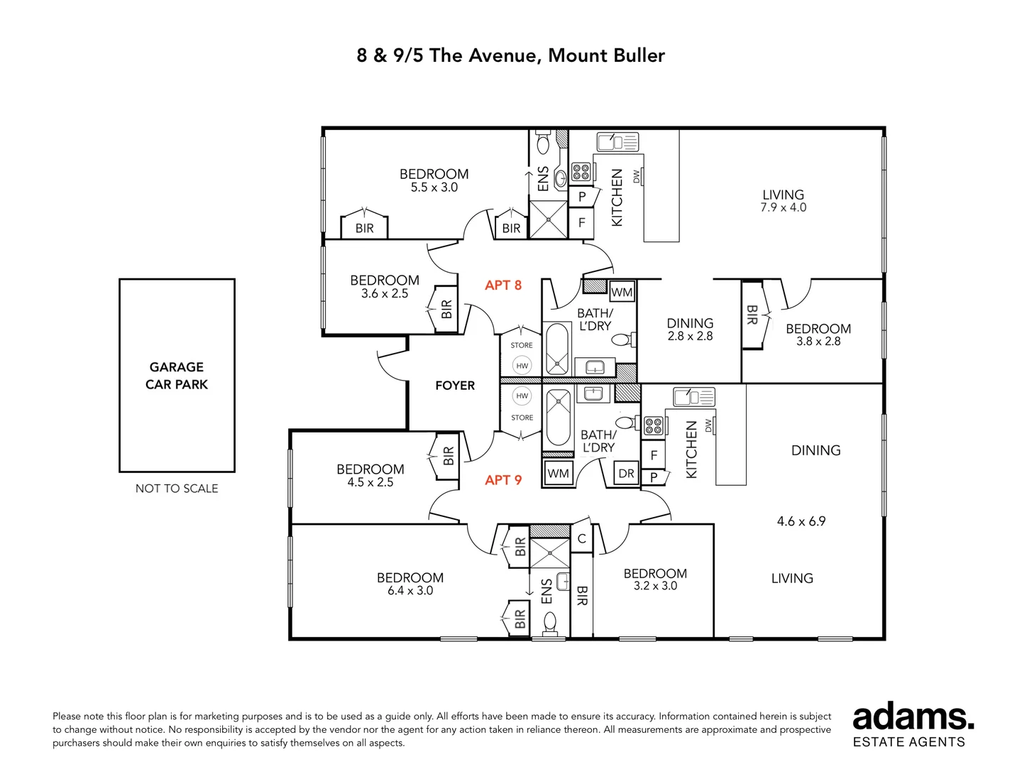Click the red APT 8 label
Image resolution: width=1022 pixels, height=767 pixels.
503,285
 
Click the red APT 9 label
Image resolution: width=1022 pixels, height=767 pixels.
503,479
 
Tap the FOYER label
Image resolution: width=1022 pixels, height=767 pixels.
455,386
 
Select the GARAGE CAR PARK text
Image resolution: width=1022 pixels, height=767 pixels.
177,376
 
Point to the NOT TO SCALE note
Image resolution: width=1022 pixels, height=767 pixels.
177,488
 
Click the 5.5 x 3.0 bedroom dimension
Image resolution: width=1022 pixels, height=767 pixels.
434,187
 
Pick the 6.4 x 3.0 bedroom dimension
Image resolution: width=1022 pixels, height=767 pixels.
410,590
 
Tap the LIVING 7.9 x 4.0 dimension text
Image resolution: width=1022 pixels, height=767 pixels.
783,207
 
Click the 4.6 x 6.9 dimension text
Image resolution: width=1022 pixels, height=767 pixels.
801,521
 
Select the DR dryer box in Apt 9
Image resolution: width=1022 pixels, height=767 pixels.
626,474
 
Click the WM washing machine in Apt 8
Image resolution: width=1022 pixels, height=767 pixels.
622,293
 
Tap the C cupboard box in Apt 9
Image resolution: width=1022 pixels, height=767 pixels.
581,539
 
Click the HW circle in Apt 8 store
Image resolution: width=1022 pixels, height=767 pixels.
522,366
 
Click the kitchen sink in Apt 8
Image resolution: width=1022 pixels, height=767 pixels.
617,141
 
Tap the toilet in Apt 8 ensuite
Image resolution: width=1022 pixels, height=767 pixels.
543,142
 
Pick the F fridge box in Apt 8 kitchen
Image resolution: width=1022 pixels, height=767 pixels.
581,222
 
